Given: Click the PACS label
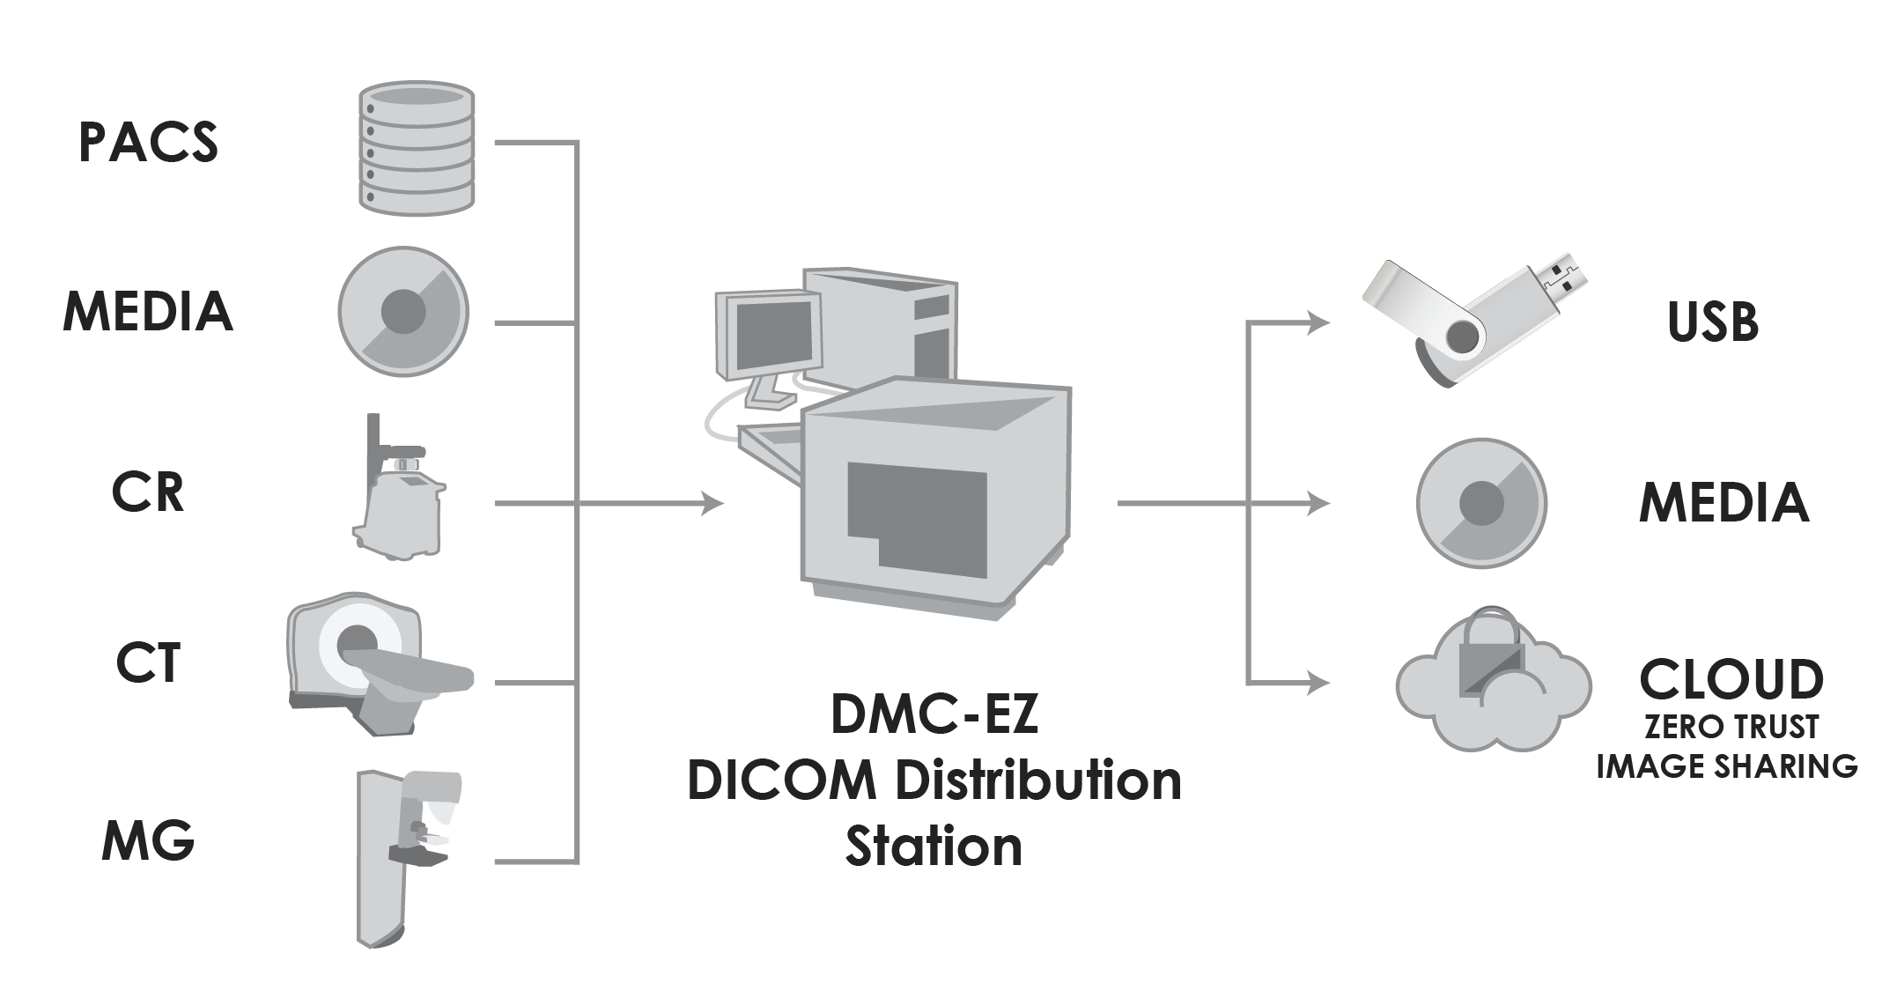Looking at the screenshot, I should (148, 143).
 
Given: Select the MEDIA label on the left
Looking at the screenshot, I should (148, 313).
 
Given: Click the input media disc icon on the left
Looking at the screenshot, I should (403, 311).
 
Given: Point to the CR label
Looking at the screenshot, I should (148, 493).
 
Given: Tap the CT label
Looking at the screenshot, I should (148, 664).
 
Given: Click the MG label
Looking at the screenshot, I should (148, 841).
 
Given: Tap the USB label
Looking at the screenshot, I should (1713, 322).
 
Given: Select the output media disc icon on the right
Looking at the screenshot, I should (1481, 503).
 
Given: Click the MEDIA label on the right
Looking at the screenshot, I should (1724, 503).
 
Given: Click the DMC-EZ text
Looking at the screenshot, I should (935, 715).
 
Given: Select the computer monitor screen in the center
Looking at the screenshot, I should (772, 333).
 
